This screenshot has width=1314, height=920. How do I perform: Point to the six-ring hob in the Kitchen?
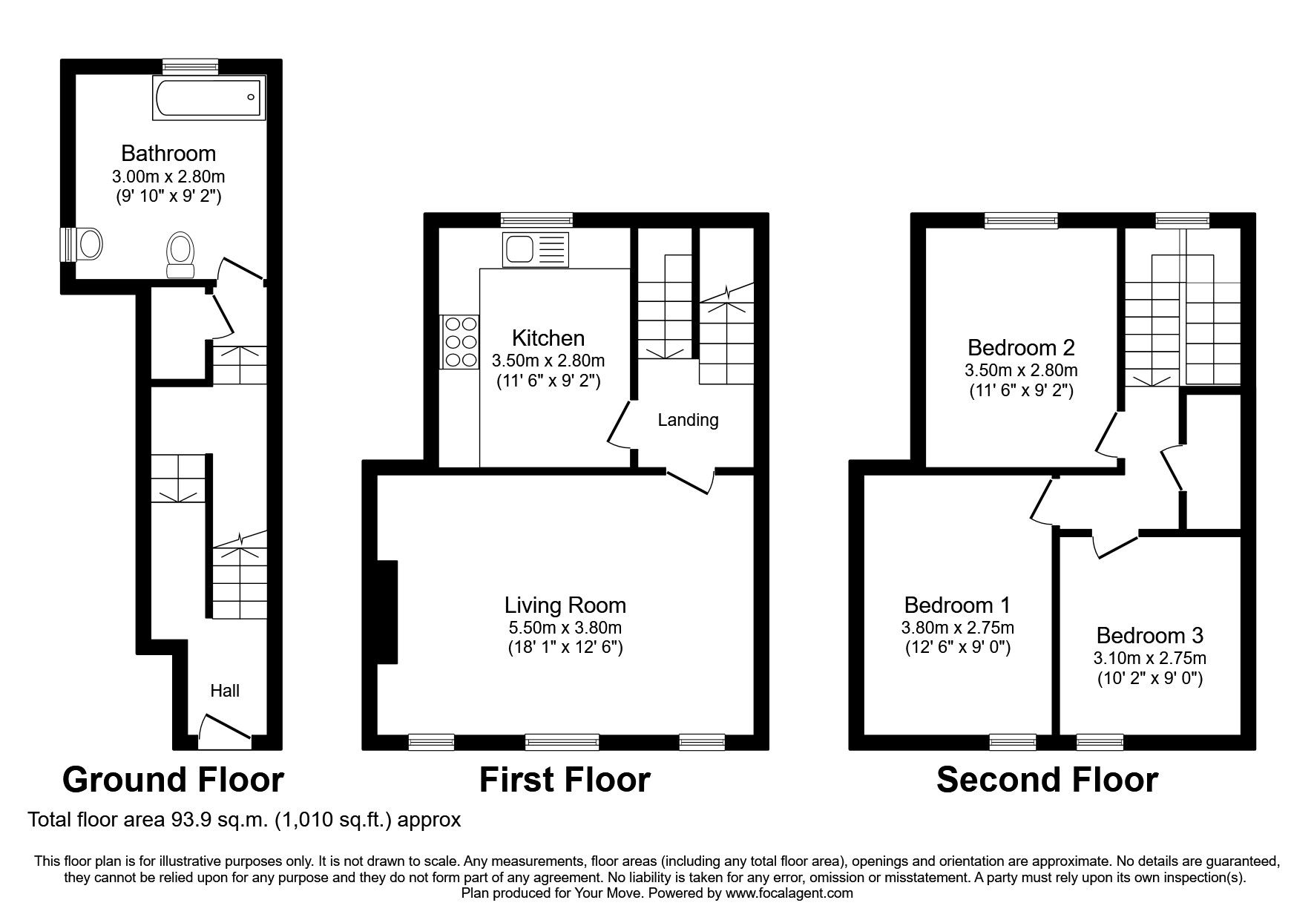click(x=460, y=341)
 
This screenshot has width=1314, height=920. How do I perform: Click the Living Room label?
click(x=565, y=605)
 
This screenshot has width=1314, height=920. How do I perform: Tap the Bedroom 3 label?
click(x=1149, y=636)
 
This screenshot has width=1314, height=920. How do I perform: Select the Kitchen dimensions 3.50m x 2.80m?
click(x=548, y=361)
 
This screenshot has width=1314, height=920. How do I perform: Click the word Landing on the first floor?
click(x=688, y=421)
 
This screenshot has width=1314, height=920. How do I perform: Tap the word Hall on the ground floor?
click(x=224, y=691)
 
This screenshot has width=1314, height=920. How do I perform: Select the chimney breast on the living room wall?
click(x=387, y=612)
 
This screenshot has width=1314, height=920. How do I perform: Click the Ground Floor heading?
click(x=173, y=780)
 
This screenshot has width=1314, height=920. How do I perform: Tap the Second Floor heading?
click(x=1046, y=780)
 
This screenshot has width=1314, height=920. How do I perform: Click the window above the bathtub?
click(x=191, y=67)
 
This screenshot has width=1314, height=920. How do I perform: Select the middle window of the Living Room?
click(x=562, y=741)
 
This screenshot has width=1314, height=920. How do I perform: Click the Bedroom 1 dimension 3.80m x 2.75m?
click(x=957, y=627)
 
